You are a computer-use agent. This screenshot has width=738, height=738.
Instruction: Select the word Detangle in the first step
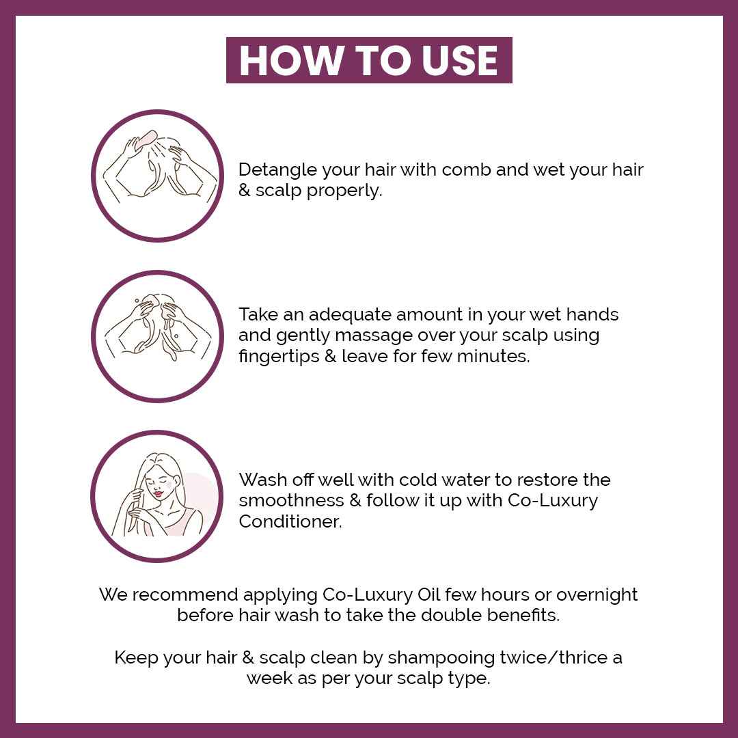277,170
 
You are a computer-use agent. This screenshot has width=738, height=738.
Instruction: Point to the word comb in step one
466,170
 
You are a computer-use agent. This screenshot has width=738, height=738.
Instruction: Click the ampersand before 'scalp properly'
244,190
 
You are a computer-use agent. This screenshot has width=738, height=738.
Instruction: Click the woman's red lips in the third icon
159,494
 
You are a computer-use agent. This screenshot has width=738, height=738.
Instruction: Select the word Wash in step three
262,480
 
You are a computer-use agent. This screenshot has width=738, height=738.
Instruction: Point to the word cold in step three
419,480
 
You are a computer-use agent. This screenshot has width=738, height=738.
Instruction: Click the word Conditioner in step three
290,521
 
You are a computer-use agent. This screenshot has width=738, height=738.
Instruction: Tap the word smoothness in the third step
291,500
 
